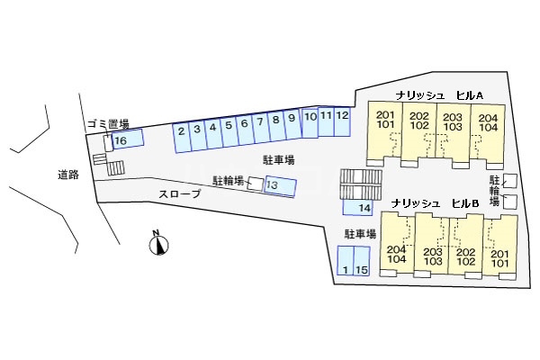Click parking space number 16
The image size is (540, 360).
click(128, 139)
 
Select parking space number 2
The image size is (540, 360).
click(182, 137)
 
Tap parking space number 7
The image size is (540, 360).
click(261, 128)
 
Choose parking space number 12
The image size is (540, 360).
click(342, 122)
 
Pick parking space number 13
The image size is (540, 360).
click(280, 186)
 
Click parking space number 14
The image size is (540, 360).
click(358, 207)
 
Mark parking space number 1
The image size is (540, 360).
click(346, 260)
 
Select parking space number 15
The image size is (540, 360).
click(362, 261)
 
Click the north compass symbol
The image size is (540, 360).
click(158, 244)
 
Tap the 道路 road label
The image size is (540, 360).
click(68, 175)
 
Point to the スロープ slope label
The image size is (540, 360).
click(179, 194)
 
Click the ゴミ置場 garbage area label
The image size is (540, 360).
click(108, 123)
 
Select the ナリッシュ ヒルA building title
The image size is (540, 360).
click(439, 95)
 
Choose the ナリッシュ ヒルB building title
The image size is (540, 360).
click(436, 203)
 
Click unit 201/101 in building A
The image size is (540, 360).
click(385, 130)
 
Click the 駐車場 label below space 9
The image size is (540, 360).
click(279, 160)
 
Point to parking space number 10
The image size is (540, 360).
click(310, 123)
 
